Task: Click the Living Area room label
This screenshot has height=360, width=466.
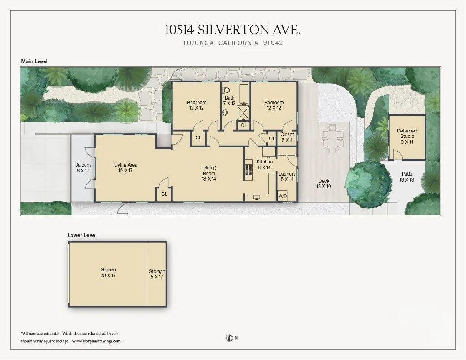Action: pyautogui.click(x=126, y=167)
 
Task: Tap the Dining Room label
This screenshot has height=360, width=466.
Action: pyautogui.click(x=209, y=173)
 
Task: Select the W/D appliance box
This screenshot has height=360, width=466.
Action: pyautogui.click(x=283, y=196)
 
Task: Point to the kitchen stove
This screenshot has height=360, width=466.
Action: pyautogui.click(x=248, y=169)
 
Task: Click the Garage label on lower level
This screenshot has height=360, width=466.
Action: pyautogui.click(x=108, y=272)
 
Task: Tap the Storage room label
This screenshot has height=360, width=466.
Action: pyautogui.click(x=157, y=274)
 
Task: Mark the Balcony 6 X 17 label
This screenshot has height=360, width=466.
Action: pyautogui.click(x=83, y=167)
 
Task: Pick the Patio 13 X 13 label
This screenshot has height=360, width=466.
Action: pyautogui.click(x=407, y=177)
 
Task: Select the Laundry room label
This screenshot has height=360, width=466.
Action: pyautogui.click(x=287, y=177)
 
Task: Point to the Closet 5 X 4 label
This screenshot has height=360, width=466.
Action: pyautogui.click(x=287, y=137)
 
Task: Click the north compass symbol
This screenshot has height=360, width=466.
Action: pyautogui.click(x=229, y=338)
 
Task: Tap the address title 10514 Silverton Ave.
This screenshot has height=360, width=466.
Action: pyautogui.click(x=233, y=30)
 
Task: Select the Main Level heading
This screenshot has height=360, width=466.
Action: pyautogui.click(x=34, y=61)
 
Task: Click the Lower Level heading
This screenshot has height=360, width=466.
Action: pyautogui.click(x=82, y=235)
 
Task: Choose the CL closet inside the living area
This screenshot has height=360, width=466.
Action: pyautogui.click(x=164, y=194)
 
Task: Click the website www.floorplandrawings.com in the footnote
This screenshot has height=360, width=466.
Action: pyautogui.click(x=96, y=340)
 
